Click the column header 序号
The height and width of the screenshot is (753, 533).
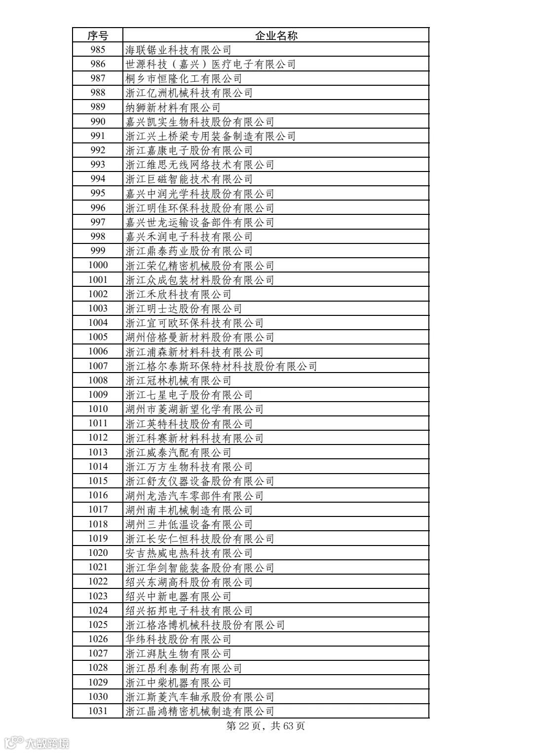(98, 35)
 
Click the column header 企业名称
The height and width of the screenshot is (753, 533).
(276, 35)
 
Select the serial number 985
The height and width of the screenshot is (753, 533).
(98, 50)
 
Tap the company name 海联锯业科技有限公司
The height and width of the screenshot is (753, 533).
(178, 50)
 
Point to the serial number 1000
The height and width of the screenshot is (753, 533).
(98, 265)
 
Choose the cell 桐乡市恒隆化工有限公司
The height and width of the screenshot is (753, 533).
(184, 78)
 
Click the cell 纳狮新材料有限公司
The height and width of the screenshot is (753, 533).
(173, 107)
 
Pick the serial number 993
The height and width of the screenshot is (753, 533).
(98, 165)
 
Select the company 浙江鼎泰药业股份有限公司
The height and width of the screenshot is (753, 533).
(189, 251)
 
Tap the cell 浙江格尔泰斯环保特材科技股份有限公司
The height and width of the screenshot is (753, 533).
(221, 366)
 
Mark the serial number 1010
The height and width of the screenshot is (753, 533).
(98, 409)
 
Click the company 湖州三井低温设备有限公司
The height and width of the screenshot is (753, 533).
(189, 524)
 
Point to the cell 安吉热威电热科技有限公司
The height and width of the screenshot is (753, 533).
(189, 553)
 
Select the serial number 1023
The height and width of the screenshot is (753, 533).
(98, 596)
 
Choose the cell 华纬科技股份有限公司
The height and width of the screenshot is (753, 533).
(178, 639)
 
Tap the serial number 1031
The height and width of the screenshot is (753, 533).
(98, 711)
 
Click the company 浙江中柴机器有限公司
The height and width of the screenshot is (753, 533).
(178, 683)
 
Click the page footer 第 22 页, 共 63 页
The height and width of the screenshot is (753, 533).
(266, 726)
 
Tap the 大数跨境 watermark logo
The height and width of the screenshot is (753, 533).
(38, 742)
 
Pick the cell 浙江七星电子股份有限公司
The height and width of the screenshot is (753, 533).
(189, 395)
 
